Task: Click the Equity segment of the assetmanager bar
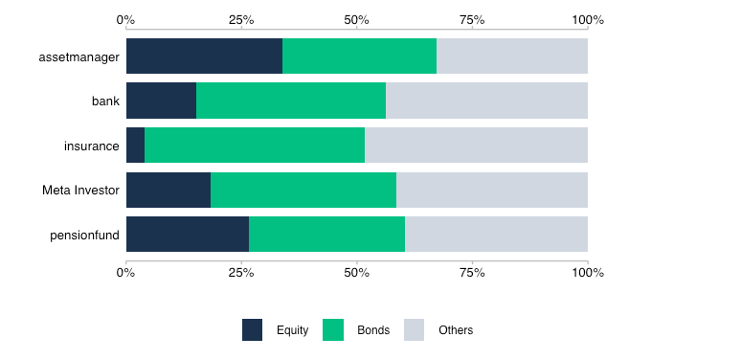click(204, 56)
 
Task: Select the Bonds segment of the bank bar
click(291, 101)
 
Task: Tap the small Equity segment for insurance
click(135, 146)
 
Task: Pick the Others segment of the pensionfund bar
click(496, 235)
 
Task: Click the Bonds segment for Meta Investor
click(303, 191)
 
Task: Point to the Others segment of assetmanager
click(512, 56)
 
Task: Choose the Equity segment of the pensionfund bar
click(188, 235)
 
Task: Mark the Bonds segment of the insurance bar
click(255, 146)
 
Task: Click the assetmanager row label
click(79, 56)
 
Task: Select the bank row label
click(105, 101)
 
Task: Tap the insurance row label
click(92, 146)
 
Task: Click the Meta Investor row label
click(80, 191)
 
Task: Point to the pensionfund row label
click(84, 236)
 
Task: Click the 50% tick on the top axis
click(356, 20)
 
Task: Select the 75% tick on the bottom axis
click(472, 273)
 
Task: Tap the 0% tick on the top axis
click(125, 20)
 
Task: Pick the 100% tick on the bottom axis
click(587, 273)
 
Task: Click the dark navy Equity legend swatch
click(252, 330)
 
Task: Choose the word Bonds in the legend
click(373, 330)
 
